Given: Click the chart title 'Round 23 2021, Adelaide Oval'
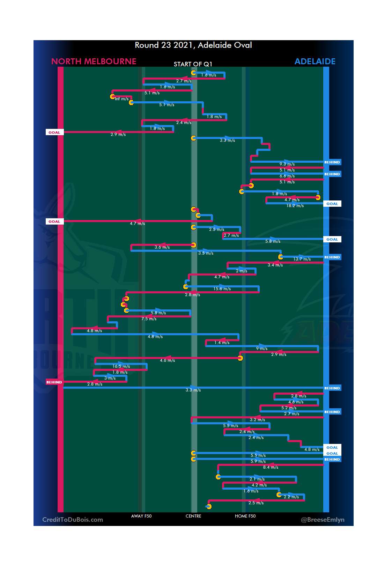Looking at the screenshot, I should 193,45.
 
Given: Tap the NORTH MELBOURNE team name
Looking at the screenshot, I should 94,61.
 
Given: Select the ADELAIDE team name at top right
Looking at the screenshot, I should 315,61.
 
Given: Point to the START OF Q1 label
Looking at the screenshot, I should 193,64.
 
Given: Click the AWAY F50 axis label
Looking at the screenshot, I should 141,516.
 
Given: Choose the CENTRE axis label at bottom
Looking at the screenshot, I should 193,516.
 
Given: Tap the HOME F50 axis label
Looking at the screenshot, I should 245,516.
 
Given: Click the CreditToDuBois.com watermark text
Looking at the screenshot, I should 73,520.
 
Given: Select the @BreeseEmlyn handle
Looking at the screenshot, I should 323,520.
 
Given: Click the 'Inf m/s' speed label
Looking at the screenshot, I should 121,99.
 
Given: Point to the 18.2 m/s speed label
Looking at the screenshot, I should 295,206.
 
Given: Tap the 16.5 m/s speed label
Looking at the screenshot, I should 121,366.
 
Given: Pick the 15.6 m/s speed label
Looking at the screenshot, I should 222,289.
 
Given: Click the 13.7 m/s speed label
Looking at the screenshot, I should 302,259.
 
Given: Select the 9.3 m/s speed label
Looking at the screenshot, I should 287,164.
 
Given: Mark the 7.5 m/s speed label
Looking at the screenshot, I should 149,319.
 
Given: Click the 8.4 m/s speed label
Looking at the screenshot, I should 271,467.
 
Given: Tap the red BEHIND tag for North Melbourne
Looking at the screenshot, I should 54,382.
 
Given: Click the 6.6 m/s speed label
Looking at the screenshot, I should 287,176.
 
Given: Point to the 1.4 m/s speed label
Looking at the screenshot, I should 222,343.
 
